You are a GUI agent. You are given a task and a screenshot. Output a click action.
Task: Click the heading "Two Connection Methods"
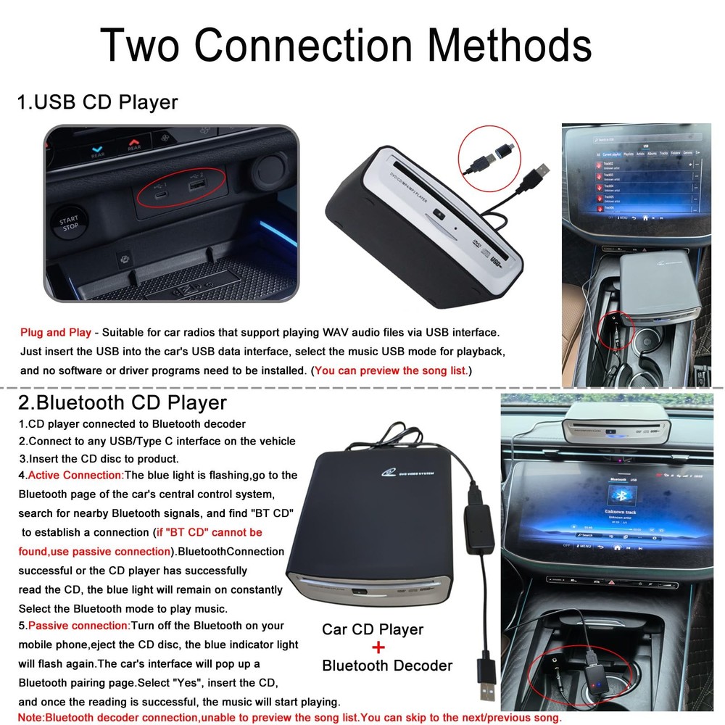click(345, 44)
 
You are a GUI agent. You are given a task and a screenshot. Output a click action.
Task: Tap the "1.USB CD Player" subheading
click(98, 102)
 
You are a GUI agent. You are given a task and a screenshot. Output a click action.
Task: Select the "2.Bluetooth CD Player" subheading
click(123, 402)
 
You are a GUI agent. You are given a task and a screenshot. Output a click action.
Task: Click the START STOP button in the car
click(69, 223)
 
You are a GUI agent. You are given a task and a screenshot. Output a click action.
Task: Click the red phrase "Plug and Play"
click(56, 333)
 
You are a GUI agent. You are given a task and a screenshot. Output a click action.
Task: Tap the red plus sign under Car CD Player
click(378, 647)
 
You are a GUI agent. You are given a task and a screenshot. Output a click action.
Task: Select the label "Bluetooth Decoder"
click(387, 666)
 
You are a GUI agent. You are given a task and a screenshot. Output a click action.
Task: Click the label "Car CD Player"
click(373, 629)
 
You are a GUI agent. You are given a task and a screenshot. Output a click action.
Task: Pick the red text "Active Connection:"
click(75, 476)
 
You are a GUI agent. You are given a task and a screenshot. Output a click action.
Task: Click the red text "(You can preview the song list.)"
click(391, 370)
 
